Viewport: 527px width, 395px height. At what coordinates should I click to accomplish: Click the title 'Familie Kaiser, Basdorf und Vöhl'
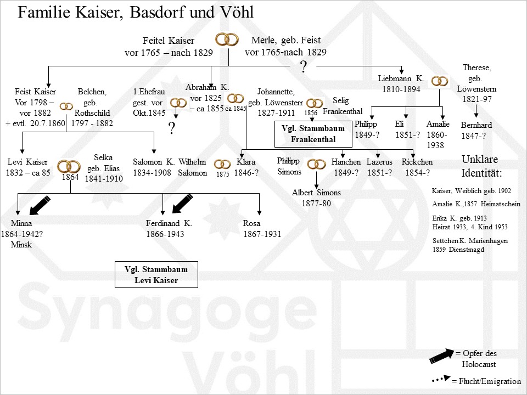pos(136,13)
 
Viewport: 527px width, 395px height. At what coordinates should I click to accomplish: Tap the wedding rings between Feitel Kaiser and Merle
pos(227,39)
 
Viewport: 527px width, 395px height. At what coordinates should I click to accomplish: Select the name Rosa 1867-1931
pos(262,228)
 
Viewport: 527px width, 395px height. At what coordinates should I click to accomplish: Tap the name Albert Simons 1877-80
pos(317,198)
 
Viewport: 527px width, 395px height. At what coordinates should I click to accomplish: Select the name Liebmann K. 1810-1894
pos(399,83)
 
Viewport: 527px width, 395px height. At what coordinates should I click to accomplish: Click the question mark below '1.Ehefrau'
pos(171,128)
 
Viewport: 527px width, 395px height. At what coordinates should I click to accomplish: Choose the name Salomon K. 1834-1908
pos(154,167)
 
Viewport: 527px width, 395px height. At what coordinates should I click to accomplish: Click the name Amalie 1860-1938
pos(438,134)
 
